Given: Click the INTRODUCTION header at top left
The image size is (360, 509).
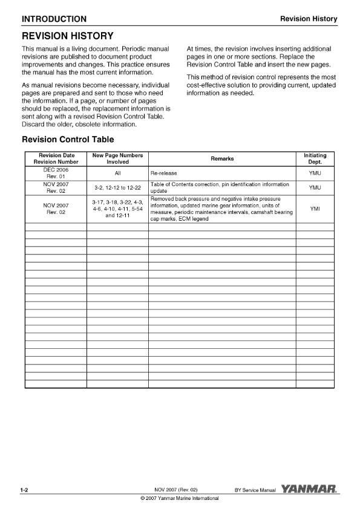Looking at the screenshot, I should click(54, 19).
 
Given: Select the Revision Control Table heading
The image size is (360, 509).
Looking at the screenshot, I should click(67, 140).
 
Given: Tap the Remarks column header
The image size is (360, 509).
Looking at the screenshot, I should click(222, 159).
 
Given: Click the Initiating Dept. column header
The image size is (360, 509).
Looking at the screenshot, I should click(315, 159).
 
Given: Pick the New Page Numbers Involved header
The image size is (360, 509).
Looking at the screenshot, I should click(117, 159).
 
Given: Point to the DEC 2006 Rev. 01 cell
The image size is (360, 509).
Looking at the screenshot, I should click(55, 173).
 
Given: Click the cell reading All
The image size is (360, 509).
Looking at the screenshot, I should click(117, 173).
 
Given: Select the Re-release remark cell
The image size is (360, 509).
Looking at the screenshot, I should click(163, 173).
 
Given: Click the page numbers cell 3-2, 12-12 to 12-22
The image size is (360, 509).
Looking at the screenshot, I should click(117, 187).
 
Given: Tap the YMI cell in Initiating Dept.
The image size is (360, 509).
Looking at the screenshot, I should click(315, 209).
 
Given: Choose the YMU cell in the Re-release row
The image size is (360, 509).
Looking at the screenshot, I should click(315, 173).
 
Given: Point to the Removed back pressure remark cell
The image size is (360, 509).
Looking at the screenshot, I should click(219, 209).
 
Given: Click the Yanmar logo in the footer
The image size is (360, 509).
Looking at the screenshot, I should click(309, 488).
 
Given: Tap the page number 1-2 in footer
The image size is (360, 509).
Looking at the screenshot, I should click(25, 488).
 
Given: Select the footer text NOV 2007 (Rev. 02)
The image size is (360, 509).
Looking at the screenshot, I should click(176, 488).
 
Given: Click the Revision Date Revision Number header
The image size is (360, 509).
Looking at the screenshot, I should click(55, 159).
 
